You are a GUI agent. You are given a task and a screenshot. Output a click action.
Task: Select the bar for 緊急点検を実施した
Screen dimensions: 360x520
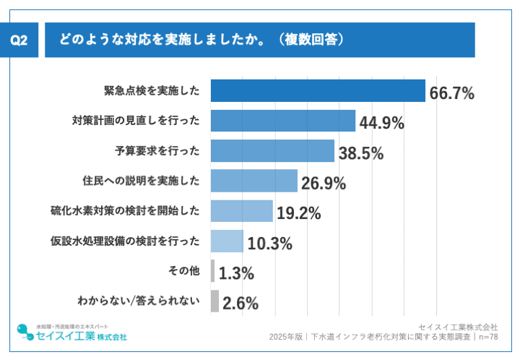318,91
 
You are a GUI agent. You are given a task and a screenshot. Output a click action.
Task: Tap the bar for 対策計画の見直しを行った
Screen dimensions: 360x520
283,121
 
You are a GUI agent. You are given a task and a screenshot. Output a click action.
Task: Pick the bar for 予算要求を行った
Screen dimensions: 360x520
272,151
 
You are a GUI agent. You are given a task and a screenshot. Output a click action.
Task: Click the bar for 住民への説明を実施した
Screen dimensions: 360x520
254,181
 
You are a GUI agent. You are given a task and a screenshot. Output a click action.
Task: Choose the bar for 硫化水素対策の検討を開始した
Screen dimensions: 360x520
241,211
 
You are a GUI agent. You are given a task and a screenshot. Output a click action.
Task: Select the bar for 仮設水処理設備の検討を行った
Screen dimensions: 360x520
227,241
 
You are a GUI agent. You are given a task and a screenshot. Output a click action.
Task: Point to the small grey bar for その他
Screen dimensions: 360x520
212,271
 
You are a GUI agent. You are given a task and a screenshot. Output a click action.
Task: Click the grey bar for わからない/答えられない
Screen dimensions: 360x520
214,301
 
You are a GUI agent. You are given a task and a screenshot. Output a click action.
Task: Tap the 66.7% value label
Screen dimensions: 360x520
451,93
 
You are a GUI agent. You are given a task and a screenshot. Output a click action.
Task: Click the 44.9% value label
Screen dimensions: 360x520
381,123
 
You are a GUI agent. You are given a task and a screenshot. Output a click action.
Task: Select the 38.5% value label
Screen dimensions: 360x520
360,153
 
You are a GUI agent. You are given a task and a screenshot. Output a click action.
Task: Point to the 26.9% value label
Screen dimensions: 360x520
324,184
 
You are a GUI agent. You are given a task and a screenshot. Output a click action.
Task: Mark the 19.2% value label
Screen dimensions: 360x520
298,213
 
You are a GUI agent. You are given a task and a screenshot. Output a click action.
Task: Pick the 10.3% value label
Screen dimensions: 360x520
269,244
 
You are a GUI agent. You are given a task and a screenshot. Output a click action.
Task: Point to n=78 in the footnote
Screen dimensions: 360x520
487,337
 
